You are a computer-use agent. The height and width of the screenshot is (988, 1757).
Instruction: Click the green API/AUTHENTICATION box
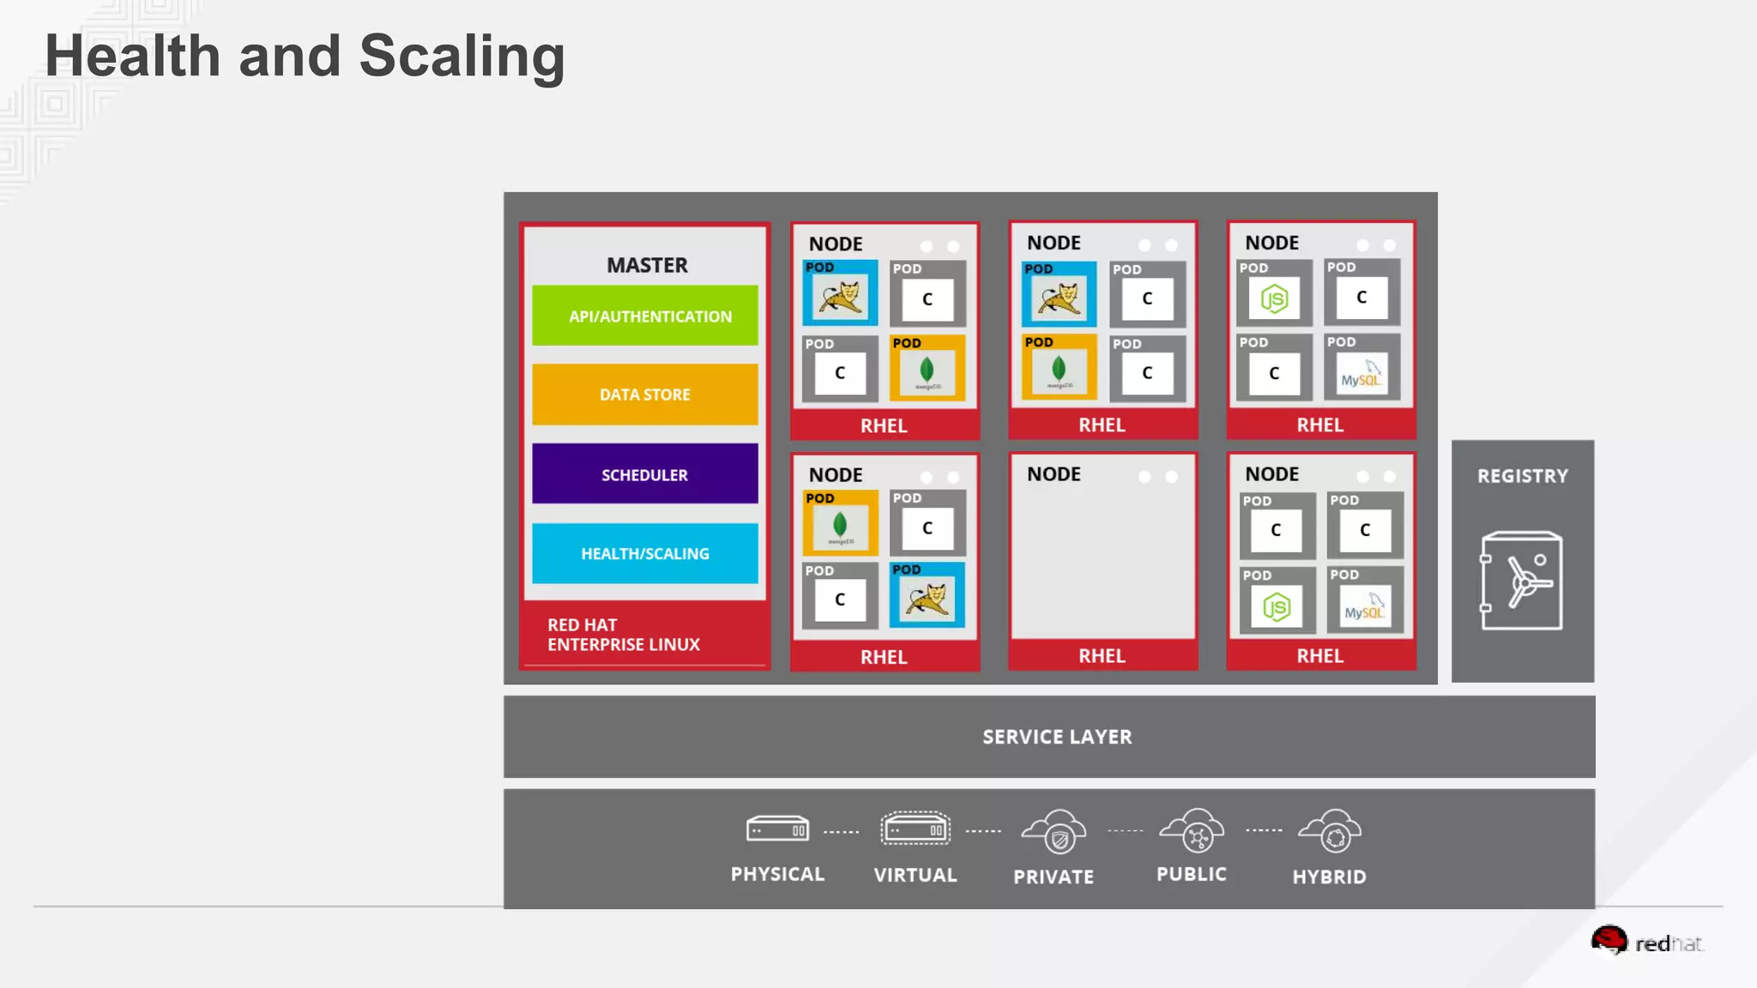point(645,316)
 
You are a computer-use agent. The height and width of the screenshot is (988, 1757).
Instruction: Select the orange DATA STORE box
point(645,395)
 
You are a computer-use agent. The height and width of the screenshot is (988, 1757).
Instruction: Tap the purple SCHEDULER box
point(645,474)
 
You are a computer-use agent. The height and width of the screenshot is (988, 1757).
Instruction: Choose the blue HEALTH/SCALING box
point(645,554)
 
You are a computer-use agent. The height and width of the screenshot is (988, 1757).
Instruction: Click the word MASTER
point(647,265)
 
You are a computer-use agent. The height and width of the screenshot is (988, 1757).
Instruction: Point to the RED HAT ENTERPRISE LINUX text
point(624,635)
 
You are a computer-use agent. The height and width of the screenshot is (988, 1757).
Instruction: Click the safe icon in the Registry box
point(1522,581)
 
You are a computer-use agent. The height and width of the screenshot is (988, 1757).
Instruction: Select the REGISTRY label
point(1522,476)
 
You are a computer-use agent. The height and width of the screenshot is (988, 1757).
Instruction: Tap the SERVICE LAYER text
point(1057,737)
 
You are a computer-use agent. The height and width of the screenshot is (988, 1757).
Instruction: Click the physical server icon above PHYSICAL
point(777,829)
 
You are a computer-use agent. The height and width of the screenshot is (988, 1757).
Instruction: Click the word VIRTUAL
point(915,875)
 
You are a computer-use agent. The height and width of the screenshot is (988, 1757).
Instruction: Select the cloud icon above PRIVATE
point(1054,832)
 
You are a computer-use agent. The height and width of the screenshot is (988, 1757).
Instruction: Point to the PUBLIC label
point(1192,874)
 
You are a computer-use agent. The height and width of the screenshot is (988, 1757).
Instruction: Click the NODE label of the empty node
point(1054,474)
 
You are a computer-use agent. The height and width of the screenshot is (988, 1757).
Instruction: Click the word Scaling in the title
point(462,57)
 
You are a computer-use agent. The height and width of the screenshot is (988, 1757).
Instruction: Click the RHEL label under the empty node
point(1102,656)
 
